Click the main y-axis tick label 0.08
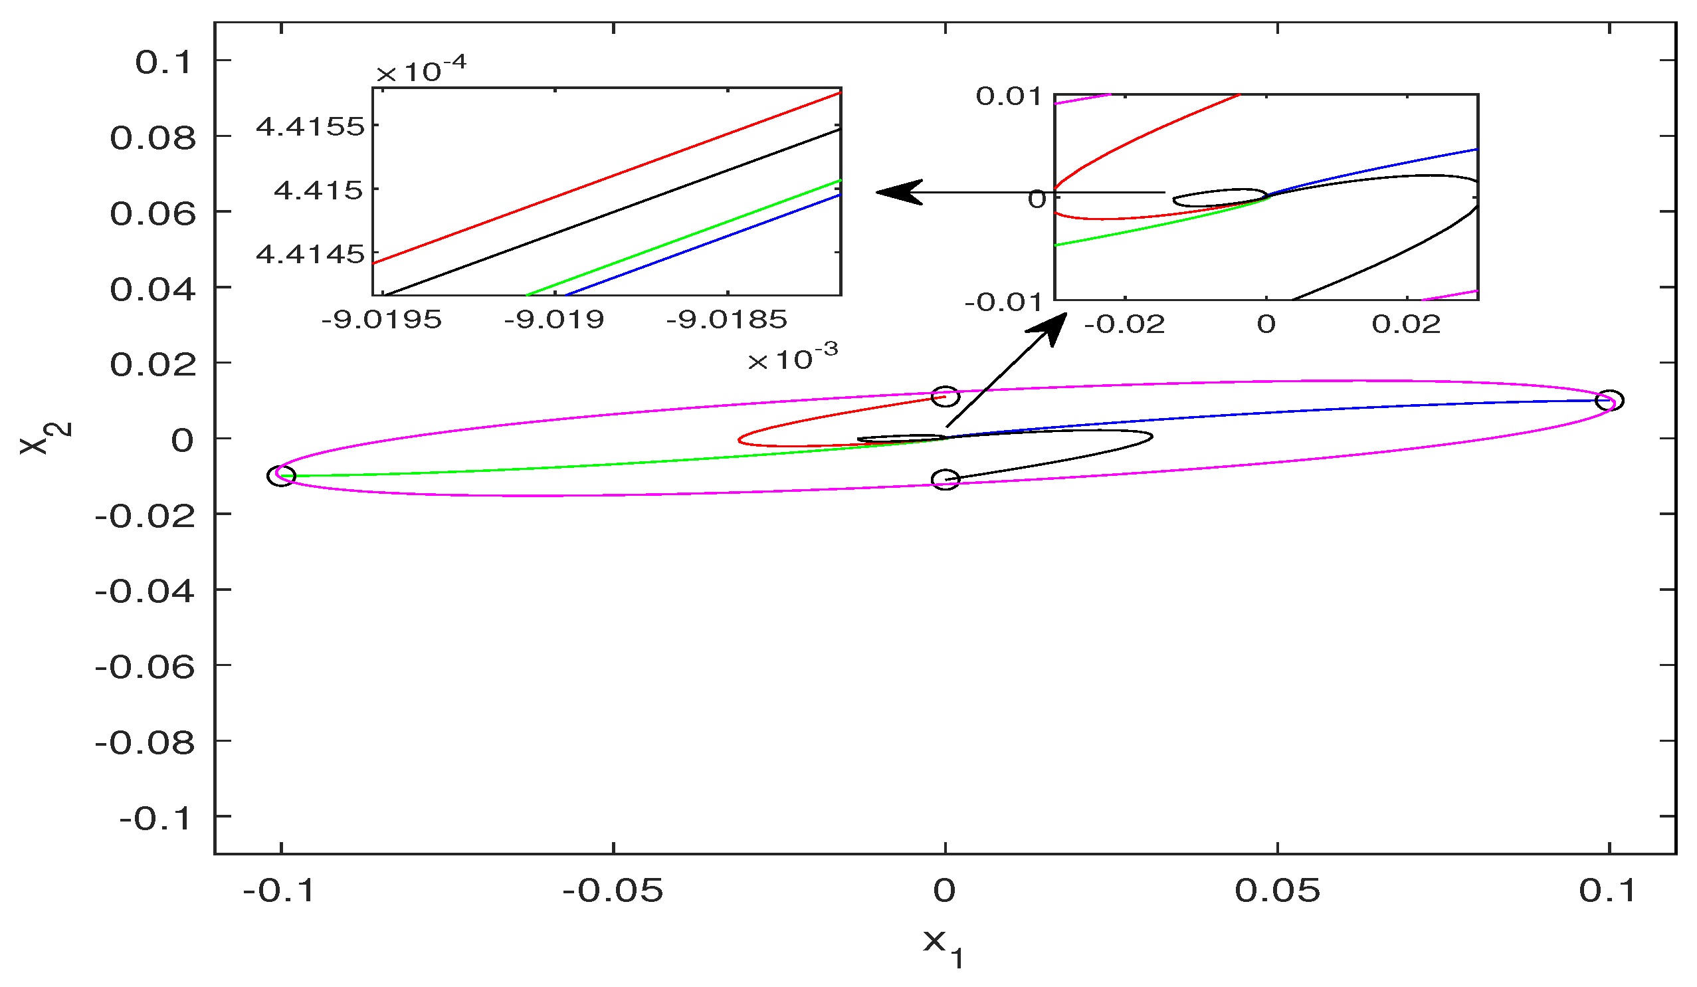(x=153, y=138)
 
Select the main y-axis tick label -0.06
(x=145, y=668)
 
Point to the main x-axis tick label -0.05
(x=613, y=891)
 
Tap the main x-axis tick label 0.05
(x=1278, y=891)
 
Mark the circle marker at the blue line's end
(x=1609, y=400)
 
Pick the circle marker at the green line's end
(x=282, y=476)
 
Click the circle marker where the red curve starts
(x=945, y=397)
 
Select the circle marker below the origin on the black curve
(x=946, y=480)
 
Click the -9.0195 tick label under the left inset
(x=381, y=319)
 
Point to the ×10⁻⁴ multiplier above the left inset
(x=421, y=70)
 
